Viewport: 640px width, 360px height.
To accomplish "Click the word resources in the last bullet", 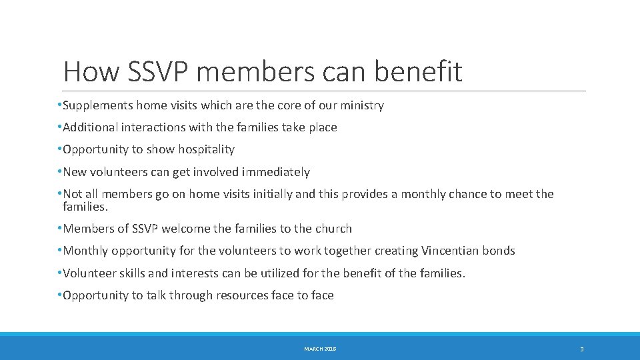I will click(243, 295).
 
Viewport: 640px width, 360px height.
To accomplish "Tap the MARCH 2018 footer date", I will click(320, 349).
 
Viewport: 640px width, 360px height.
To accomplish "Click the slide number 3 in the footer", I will click(581, 349).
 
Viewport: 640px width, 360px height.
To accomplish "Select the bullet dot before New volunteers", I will click(60, 172).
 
